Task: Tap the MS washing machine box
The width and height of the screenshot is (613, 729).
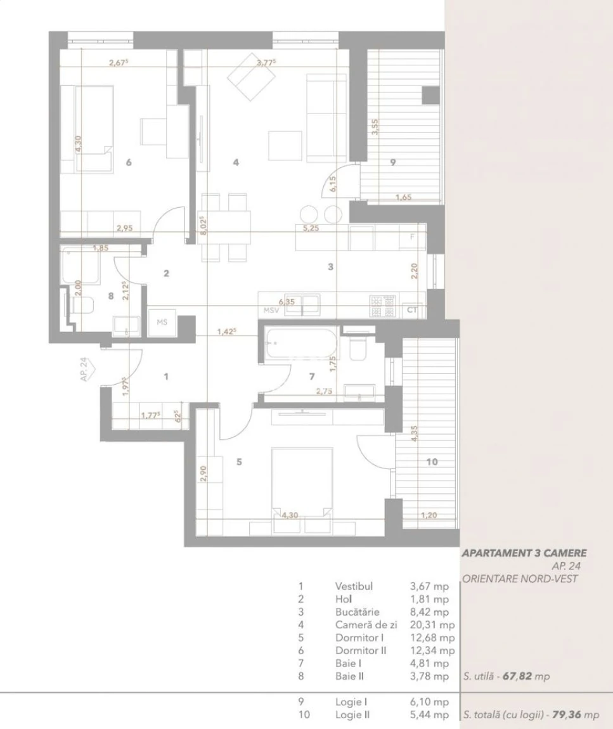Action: pyautogui.click(x=162, y=322)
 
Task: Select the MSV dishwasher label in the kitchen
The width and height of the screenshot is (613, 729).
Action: pyautogui.click(x=271, y=310)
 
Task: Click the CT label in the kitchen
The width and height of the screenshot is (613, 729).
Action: pyautogui.click(x=412, y=310)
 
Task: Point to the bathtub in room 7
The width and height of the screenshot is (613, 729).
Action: pyautogui.click(x=300, y=343)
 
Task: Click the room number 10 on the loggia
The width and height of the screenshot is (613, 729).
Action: pyautogui.click(x=432, y=461)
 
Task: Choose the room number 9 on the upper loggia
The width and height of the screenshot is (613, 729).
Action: pyautogui.click(x=393, y=162)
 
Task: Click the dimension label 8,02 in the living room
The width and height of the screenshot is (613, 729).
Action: pyautogui.click(x=203, y=226)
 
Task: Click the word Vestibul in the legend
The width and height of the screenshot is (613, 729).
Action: pyautogui.click(x=354, y=586)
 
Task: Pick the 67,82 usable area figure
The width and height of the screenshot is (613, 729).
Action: pyautogui.click(x=517, y=676)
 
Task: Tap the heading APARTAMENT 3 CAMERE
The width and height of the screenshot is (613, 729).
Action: pyautogui.click(x=524, y=553)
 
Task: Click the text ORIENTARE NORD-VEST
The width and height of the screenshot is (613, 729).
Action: pyautogui.click(x=520, y=579)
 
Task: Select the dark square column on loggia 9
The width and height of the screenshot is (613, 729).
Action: pyautogui.click(x=430, y=95)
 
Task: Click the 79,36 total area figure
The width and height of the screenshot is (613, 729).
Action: pyautogui.click(x=567, y=714)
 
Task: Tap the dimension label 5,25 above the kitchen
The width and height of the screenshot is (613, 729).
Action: pyautogui.click(x=311, y=228)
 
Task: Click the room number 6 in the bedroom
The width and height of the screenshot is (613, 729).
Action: pyautogui.click(x=129, y=162)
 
